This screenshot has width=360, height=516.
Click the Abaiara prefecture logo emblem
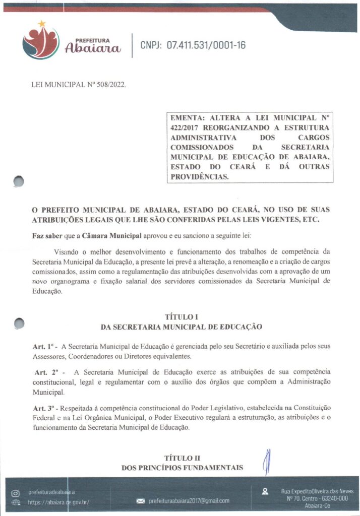41,42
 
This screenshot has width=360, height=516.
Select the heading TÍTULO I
182,317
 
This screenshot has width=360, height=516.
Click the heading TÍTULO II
182,458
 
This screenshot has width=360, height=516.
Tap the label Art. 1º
44,347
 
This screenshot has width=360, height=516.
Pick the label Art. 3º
44,407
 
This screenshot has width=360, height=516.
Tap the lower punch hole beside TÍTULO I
19,323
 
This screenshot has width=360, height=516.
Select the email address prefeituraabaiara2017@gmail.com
189,501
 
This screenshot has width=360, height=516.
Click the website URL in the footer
58,502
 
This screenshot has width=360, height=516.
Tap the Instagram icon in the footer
16,492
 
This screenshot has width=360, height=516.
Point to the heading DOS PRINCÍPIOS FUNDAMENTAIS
182,468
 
